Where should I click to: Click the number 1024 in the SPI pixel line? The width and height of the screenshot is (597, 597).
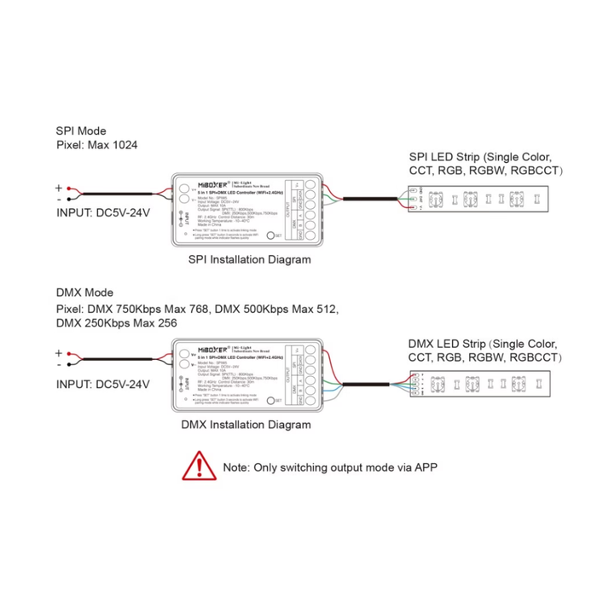click(123, 146)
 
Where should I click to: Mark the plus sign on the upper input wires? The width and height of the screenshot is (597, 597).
click(59, 188)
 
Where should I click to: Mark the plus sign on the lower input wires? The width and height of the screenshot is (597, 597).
click(59, 352)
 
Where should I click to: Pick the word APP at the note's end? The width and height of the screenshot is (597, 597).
click(425, 467)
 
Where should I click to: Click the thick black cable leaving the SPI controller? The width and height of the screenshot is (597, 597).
click(375, 199)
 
